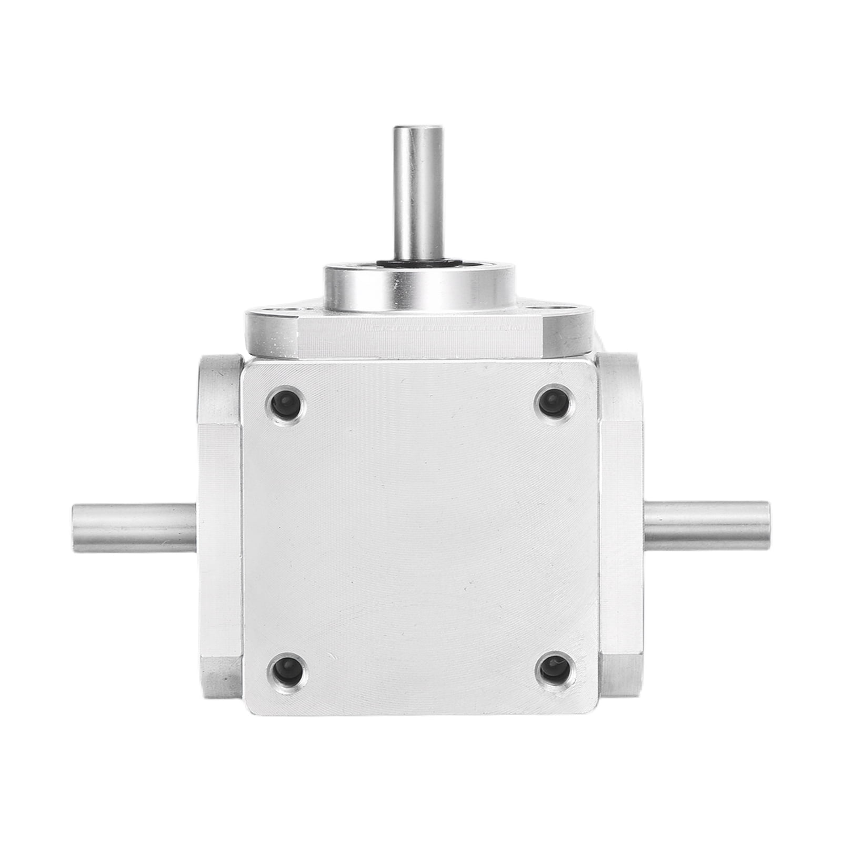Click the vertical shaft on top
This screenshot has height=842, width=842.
pos(418,195)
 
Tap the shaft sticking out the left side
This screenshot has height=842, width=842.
pos(134,528)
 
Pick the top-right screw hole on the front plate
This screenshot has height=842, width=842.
pos(553,401)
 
